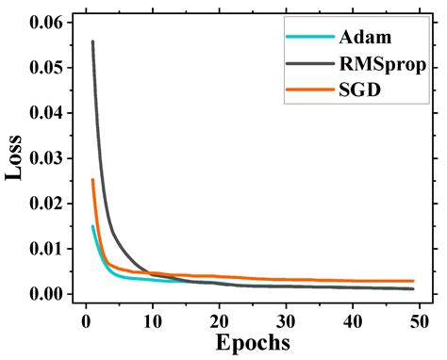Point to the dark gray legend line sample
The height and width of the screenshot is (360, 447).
pos(309,64)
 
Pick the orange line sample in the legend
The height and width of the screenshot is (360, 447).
pos(309,91)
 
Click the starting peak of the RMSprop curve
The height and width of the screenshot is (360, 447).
pos(92,41)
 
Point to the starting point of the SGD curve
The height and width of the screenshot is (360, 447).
pos(92,180)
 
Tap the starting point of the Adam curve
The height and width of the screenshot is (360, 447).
pos(92,226)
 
